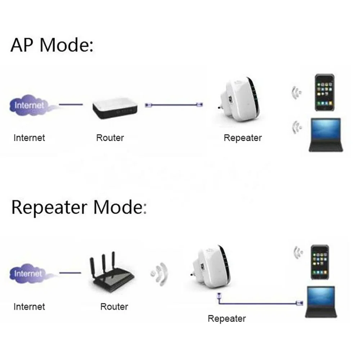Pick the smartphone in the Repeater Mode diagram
[320, 262]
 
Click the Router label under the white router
[110, 138]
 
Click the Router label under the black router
[114, 307]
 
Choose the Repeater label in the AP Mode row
[243, 138]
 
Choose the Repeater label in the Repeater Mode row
[227, 319]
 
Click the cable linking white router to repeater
[175, 105]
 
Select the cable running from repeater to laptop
[257, 303]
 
